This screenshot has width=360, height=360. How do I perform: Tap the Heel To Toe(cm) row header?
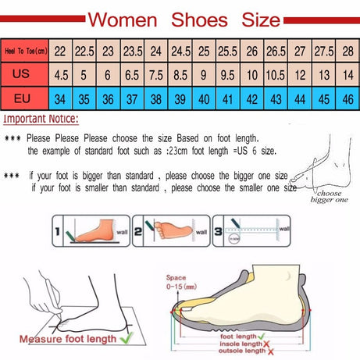(x=24, y=51)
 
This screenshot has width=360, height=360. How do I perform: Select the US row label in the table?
(x=24, y=75)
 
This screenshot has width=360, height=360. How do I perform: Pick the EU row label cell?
(x=24, y=99)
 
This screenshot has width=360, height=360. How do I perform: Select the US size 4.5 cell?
(x=60, y=75)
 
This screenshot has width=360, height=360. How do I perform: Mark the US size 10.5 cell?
(x=276, y=75)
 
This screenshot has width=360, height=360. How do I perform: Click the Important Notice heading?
(x=41, y=119)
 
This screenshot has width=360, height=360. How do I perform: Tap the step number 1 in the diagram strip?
(x=59, y=232)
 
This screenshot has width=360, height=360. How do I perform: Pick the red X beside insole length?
(x=267, y=344)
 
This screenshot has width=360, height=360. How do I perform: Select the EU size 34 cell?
(x=60, y=99)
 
